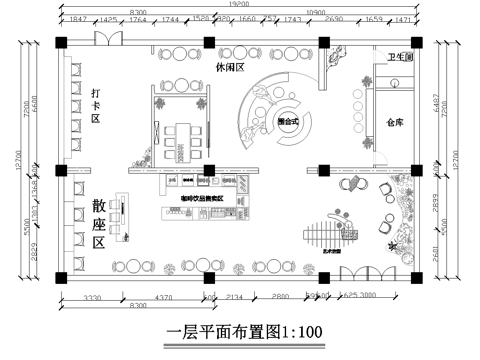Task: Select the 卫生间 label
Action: click(400, 58)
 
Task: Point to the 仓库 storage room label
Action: click(393, 123)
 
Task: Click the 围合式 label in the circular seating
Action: click(287, 120)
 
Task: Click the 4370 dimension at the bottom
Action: click(163, 297)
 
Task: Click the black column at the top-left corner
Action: click(63, 43)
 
